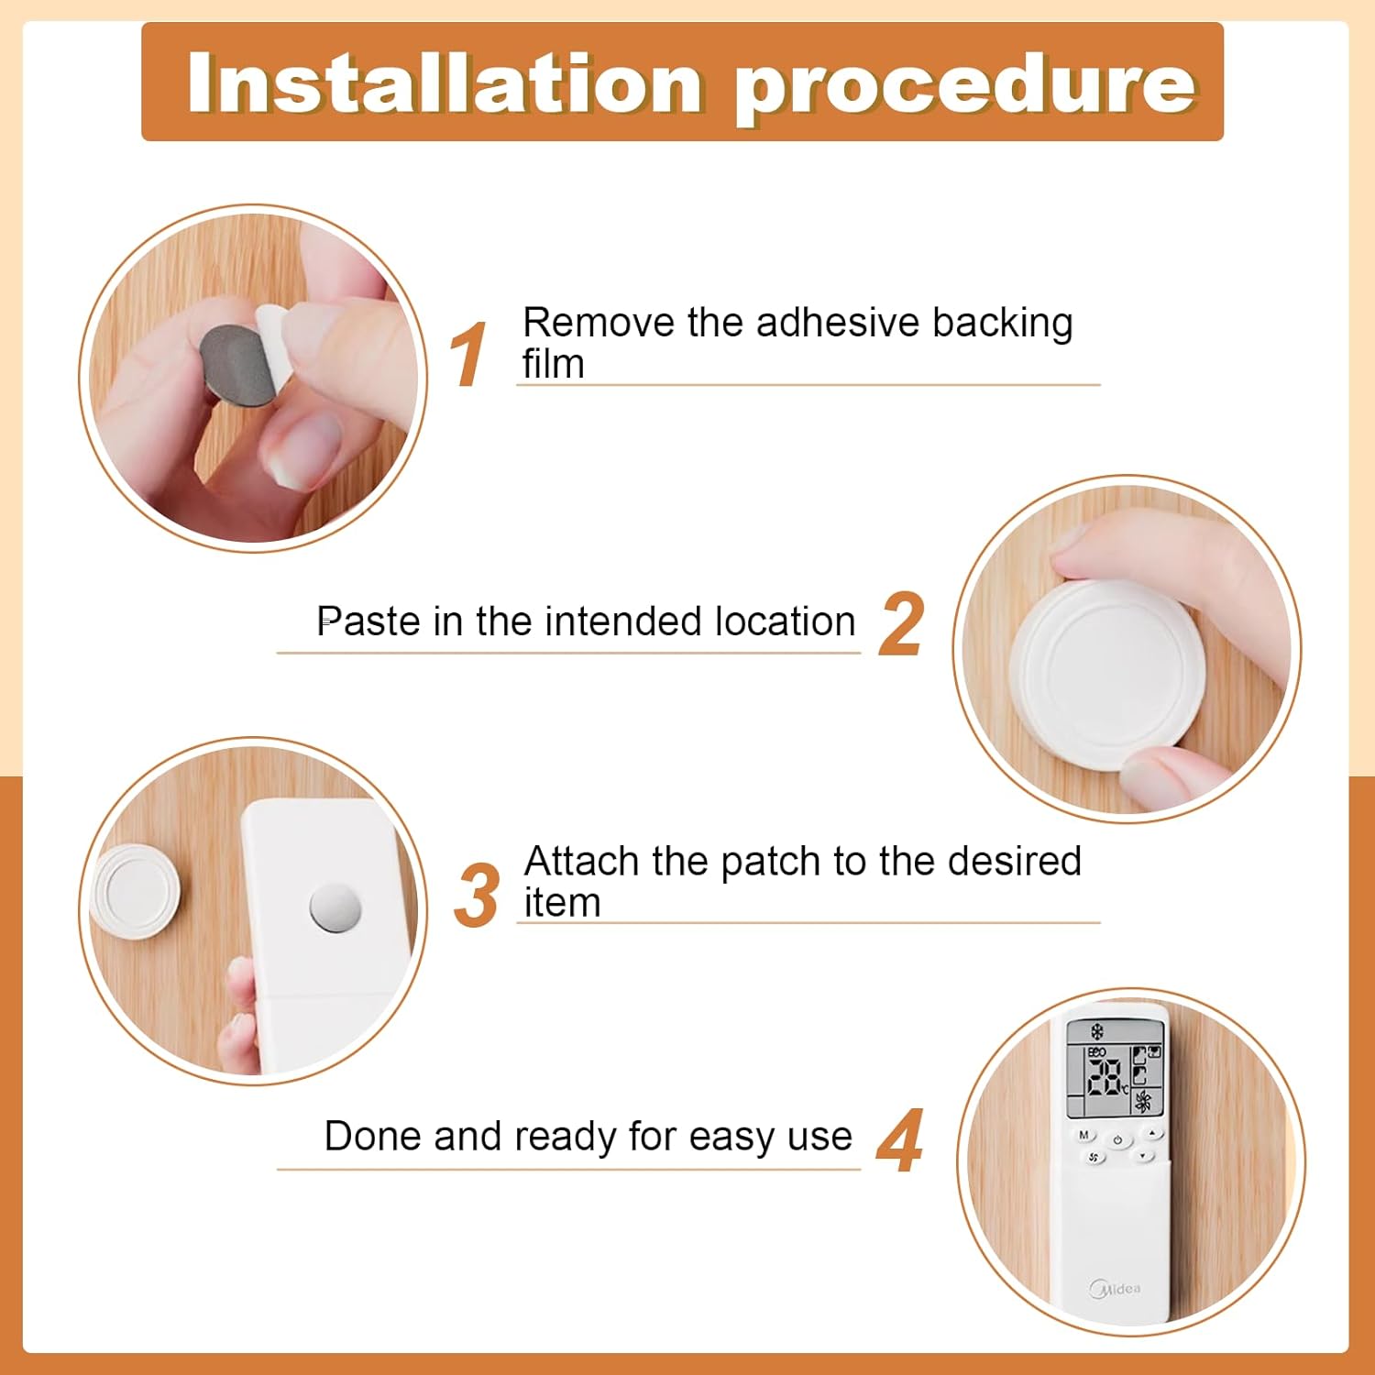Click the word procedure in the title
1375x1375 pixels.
pyautogui.click(x=966, y=87)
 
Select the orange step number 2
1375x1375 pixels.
pyautogui.click(x=901, y=623)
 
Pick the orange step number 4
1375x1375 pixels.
pyautogui.click(x=900, y=1139)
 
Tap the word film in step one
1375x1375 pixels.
pyautogui.click(x=553, y=364)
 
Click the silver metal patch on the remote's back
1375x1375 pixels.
pyautogui.click(x=335, y=907)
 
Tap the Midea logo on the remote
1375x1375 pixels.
pyautogui.click(x=1116, y=1288)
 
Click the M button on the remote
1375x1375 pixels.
pyautogui.click(x=1083, y=1135)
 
